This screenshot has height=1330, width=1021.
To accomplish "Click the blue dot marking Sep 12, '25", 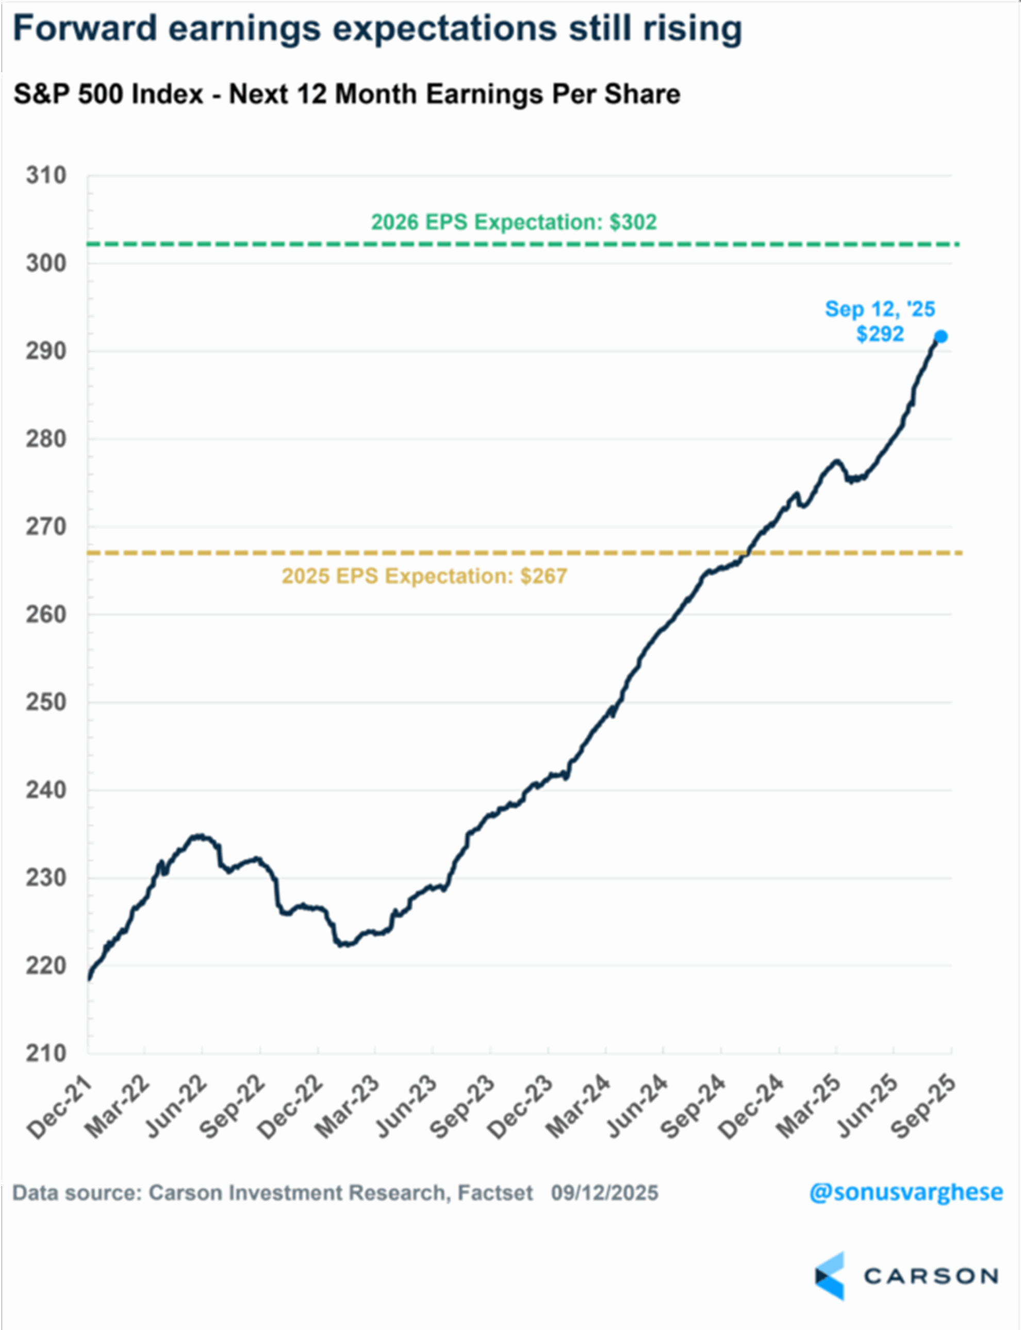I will [941, 337].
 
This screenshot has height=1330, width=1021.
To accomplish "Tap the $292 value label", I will [880, 334].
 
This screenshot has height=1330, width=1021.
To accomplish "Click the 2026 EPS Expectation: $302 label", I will [514, 222].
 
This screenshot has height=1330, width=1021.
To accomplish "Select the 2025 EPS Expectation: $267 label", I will [424, 576].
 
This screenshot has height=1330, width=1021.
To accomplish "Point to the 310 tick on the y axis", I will [46, 176].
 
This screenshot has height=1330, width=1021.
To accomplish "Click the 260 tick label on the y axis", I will [46, 615].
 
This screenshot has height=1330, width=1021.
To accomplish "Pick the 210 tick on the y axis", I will [46, 1053].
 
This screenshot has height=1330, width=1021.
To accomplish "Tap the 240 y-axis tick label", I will [46, 790].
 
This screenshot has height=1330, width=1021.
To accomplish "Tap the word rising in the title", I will [693, 28].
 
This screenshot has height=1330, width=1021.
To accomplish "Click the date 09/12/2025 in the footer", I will [605, 1193].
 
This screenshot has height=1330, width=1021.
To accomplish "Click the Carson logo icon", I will [830, 1275].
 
